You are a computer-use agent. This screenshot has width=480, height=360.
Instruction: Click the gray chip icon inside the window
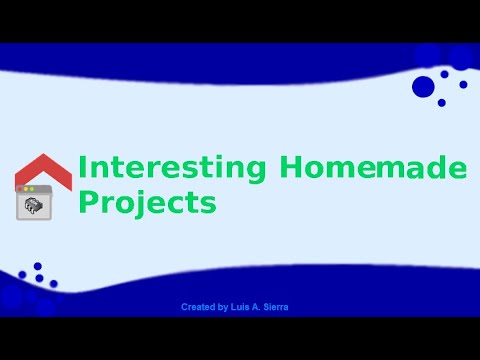(x=34, y=206)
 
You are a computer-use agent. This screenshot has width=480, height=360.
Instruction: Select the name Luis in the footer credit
(x=241, y=307)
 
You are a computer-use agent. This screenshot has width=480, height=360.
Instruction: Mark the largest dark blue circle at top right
(x=423, y=86)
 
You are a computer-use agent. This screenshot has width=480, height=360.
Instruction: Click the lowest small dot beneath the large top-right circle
(x=441, y=102)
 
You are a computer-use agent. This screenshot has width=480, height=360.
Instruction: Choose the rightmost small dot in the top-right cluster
(x=463, y=84)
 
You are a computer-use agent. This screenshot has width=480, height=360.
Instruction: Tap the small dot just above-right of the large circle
(x=443, y=73)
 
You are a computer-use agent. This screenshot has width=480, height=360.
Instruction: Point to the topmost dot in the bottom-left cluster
(x=37, y=267)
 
